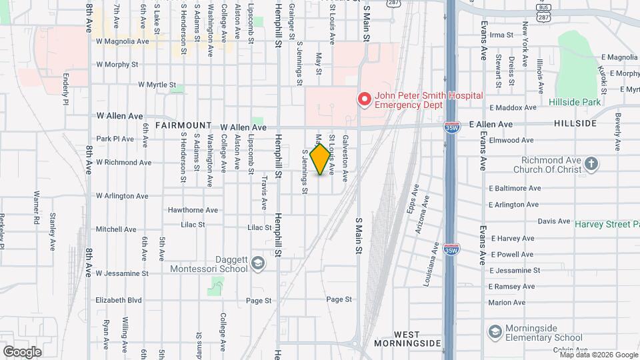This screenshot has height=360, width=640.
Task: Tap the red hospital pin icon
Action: (364, 100)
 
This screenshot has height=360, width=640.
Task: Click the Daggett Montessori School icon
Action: (257, 264)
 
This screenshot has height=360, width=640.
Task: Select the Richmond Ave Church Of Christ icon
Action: (591, 164)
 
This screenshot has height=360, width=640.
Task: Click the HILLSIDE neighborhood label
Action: (575, 124)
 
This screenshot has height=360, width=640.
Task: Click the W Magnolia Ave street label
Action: (123, 41)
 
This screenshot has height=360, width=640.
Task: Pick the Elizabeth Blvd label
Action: (119, 300)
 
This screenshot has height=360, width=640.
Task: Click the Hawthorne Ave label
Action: (193, 210)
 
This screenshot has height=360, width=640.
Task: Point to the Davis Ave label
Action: (554, 221)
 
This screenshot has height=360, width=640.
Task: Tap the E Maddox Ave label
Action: (512, 107)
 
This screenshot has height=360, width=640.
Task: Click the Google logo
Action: (22, 352)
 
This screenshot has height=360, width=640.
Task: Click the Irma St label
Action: (501, 35)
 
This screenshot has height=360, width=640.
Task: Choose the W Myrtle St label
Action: (157, 85)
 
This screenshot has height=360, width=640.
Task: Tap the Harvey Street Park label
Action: (607, 224)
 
